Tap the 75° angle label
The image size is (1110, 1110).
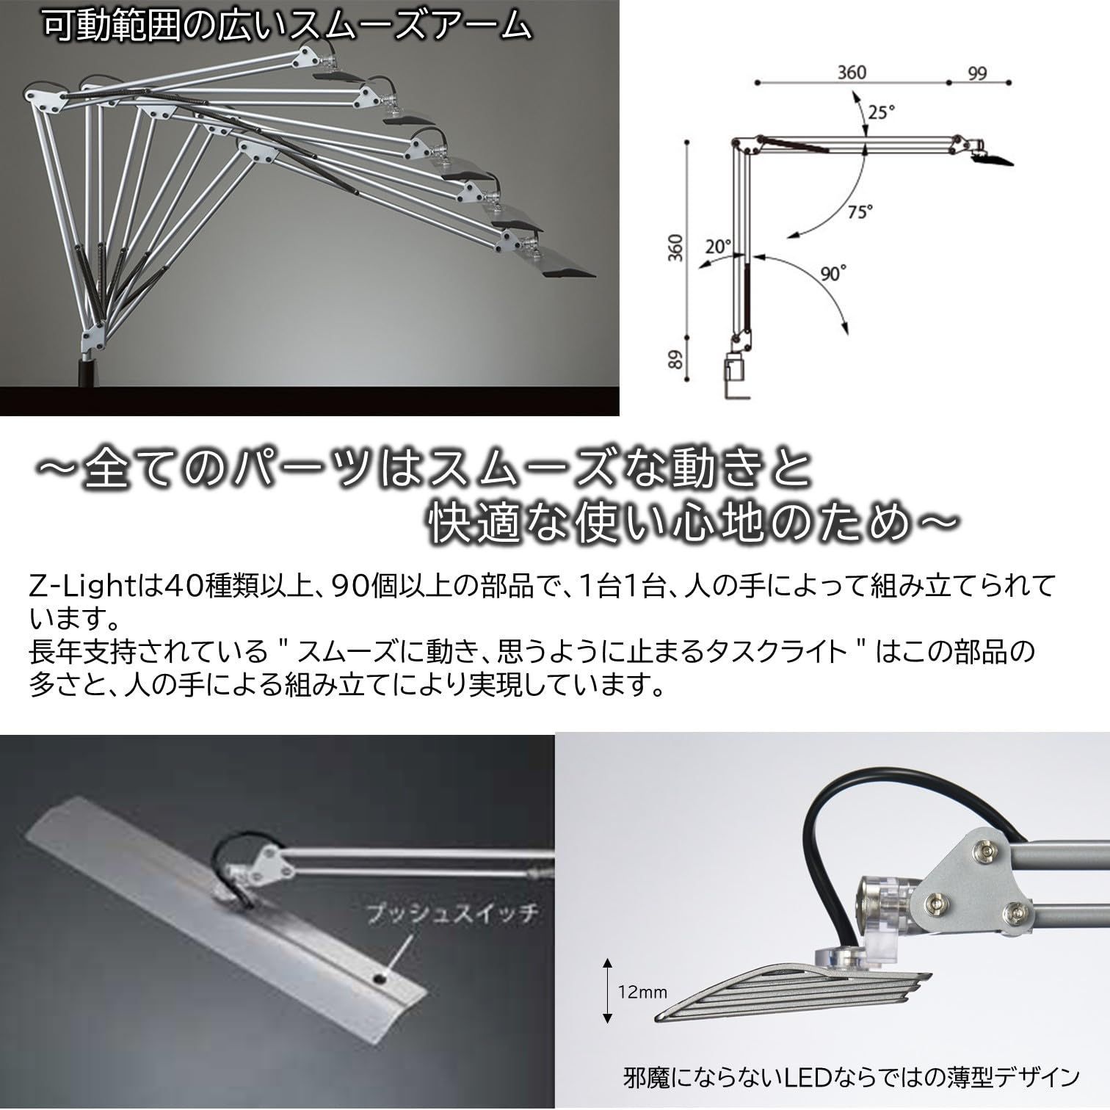click(860, 211)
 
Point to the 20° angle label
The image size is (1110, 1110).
click(719, 246)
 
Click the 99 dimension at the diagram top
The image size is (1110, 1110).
click(976, 73)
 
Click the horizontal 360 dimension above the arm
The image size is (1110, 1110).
click(852, 72)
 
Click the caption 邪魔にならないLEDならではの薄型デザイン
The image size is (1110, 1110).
click(848, 1077)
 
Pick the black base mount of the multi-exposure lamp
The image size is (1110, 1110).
click(87, 371)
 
